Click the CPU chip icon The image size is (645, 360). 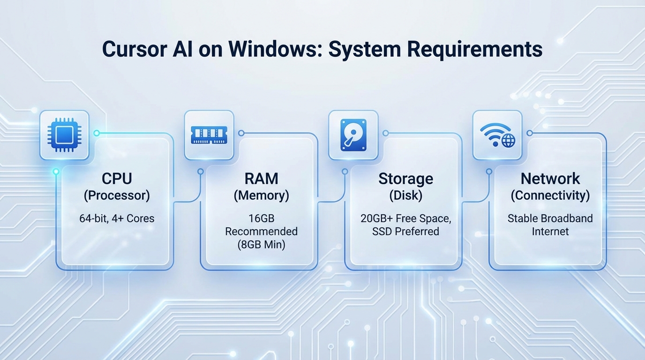pyautogui.click(x=64, y=135)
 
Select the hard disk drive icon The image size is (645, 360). pyautogui.click(x=353, y=135)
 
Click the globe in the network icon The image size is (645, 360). pyautogui.click(x=508, y=140)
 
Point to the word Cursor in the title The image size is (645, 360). pyautogui.click(x=132, y=49)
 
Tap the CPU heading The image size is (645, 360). pyautogui.click(x=117, y=179)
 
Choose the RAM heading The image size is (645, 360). pyautogui.click(x=261, y=179)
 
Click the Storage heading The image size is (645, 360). pyautogui.click(x=405, y=179)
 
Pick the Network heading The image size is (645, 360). pyautogui.click(x=550, y=179)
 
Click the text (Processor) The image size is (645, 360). pyautogui.click(x=117, y=195)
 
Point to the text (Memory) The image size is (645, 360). pyautogui.click(x=261, y=195)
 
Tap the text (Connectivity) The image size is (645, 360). pyautogui.click(x=550, y=195)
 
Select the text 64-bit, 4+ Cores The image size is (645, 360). pyautogui.click(x=117, y=218)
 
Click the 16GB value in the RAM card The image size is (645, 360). pyautogui.click(x=261, y=218)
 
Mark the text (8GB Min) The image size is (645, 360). pyautogui.click(x=261, y=244)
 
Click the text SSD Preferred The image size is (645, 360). pyautogui.click(x=405, y=231)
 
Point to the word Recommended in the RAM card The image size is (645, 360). pyautogui.click(x=261, y=231)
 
